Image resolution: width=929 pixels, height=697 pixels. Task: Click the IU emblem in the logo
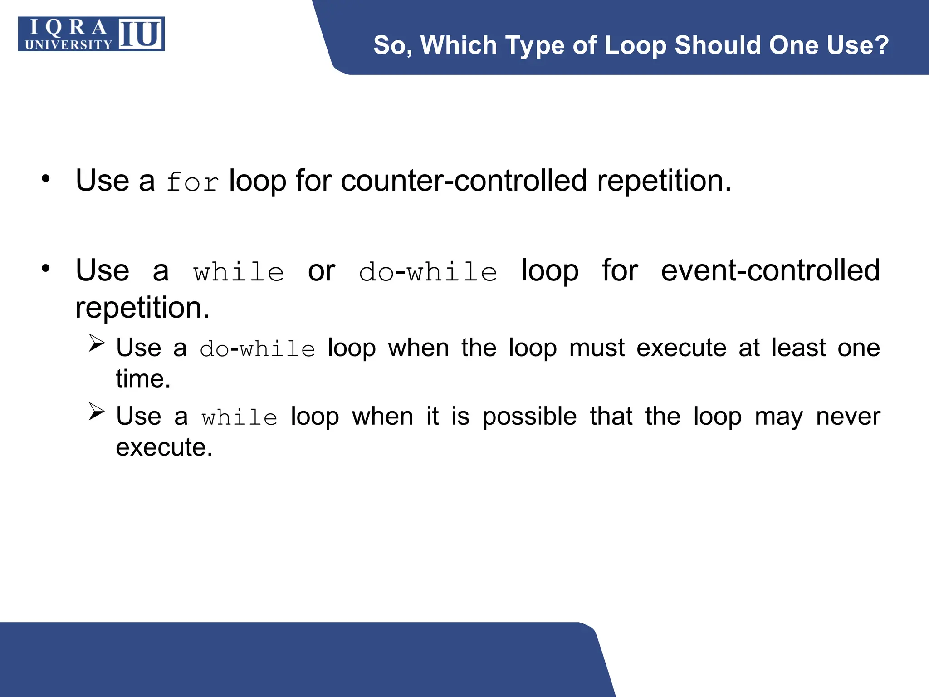(x=141, y=34)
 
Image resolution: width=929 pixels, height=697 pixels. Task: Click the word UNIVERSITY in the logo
(x=68, y=44)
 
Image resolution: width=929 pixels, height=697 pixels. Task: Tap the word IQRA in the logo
(x=68, y=27)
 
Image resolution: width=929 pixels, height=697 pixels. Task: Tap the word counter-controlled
(x=464, y=181)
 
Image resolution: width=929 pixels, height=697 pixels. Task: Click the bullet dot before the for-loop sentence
(x=45, y=179)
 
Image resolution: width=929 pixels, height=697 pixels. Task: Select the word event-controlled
(x=770, y=270)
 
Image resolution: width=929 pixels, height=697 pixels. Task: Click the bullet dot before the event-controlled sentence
(x=45, y=269)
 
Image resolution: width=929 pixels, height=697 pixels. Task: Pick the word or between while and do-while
(x=322, y=271)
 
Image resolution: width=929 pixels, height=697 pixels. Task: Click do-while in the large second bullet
(x=428, y=272)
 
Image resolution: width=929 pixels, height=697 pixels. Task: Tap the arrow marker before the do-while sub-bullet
(x=97, y=343)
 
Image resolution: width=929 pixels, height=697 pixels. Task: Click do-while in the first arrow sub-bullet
(x=257, y=349)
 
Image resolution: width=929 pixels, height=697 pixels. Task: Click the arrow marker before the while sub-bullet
(x=97, y=412)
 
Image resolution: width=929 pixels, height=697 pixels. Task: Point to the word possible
(x=529, y=417)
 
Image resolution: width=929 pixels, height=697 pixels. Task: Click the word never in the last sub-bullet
(x=848, y=416)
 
